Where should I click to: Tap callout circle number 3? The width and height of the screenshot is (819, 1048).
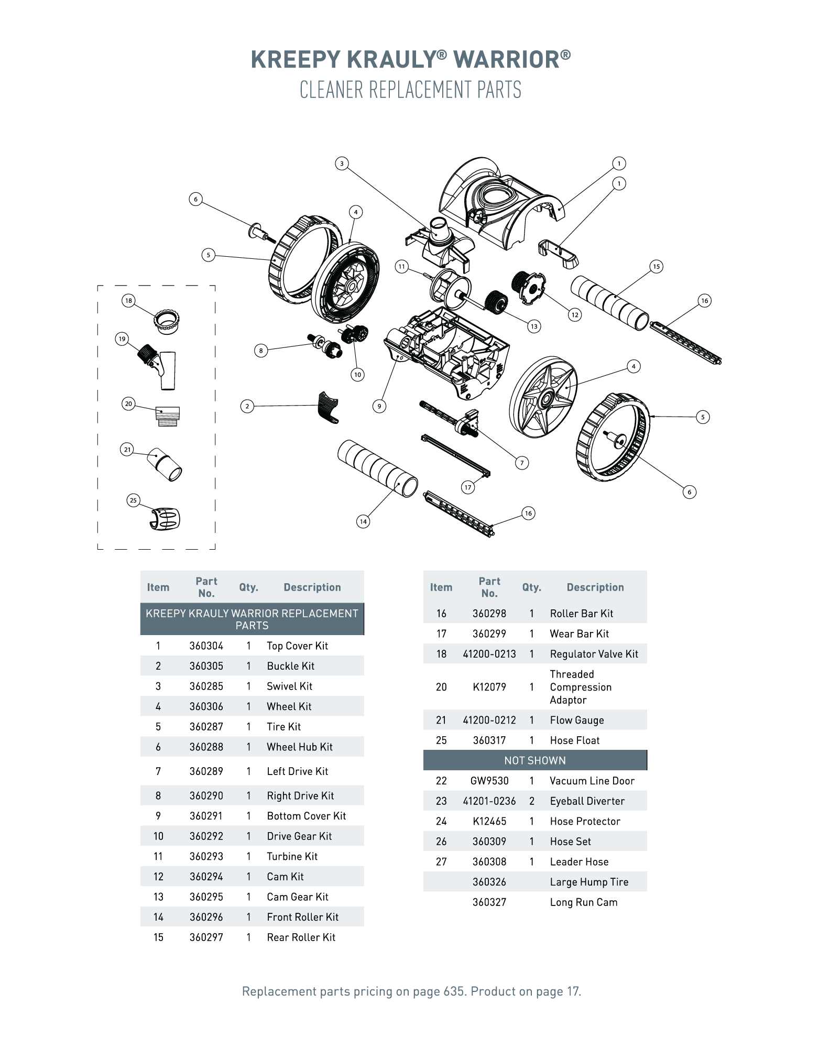click(342, 163)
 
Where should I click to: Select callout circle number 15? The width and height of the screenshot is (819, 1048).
click(656, 266)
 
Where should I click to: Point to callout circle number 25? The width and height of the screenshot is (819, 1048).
click(133, 500)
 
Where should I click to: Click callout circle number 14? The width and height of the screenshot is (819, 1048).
click(363, 521)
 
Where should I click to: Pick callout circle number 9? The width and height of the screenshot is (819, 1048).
click(379, 406)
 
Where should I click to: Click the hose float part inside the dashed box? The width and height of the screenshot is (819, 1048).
click(166, 519)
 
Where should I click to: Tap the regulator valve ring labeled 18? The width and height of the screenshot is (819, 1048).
click(167, 320)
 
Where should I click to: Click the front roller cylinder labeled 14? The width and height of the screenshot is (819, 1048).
click(377, 468)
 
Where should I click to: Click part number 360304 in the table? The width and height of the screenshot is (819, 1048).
click(206, 646)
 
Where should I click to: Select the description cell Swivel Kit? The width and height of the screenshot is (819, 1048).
click(289, 686)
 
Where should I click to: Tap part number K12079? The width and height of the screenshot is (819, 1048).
click(489, 687)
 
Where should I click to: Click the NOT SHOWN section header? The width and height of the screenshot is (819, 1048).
click(534, 760)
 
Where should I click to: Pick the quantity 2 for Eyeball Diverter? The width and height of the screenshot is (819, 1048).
click(531, 801)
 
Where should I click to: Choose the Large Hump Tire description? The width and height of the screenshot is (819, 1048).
click(588, 882)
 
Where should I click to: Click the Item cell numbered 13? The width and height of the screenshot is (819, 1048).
click(158, 897)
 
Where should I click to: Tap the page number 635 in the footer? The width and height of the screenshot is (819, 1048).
click(453, 991)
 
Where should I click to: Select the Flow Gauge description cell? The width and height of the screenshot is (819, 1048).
click(576, 720)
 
